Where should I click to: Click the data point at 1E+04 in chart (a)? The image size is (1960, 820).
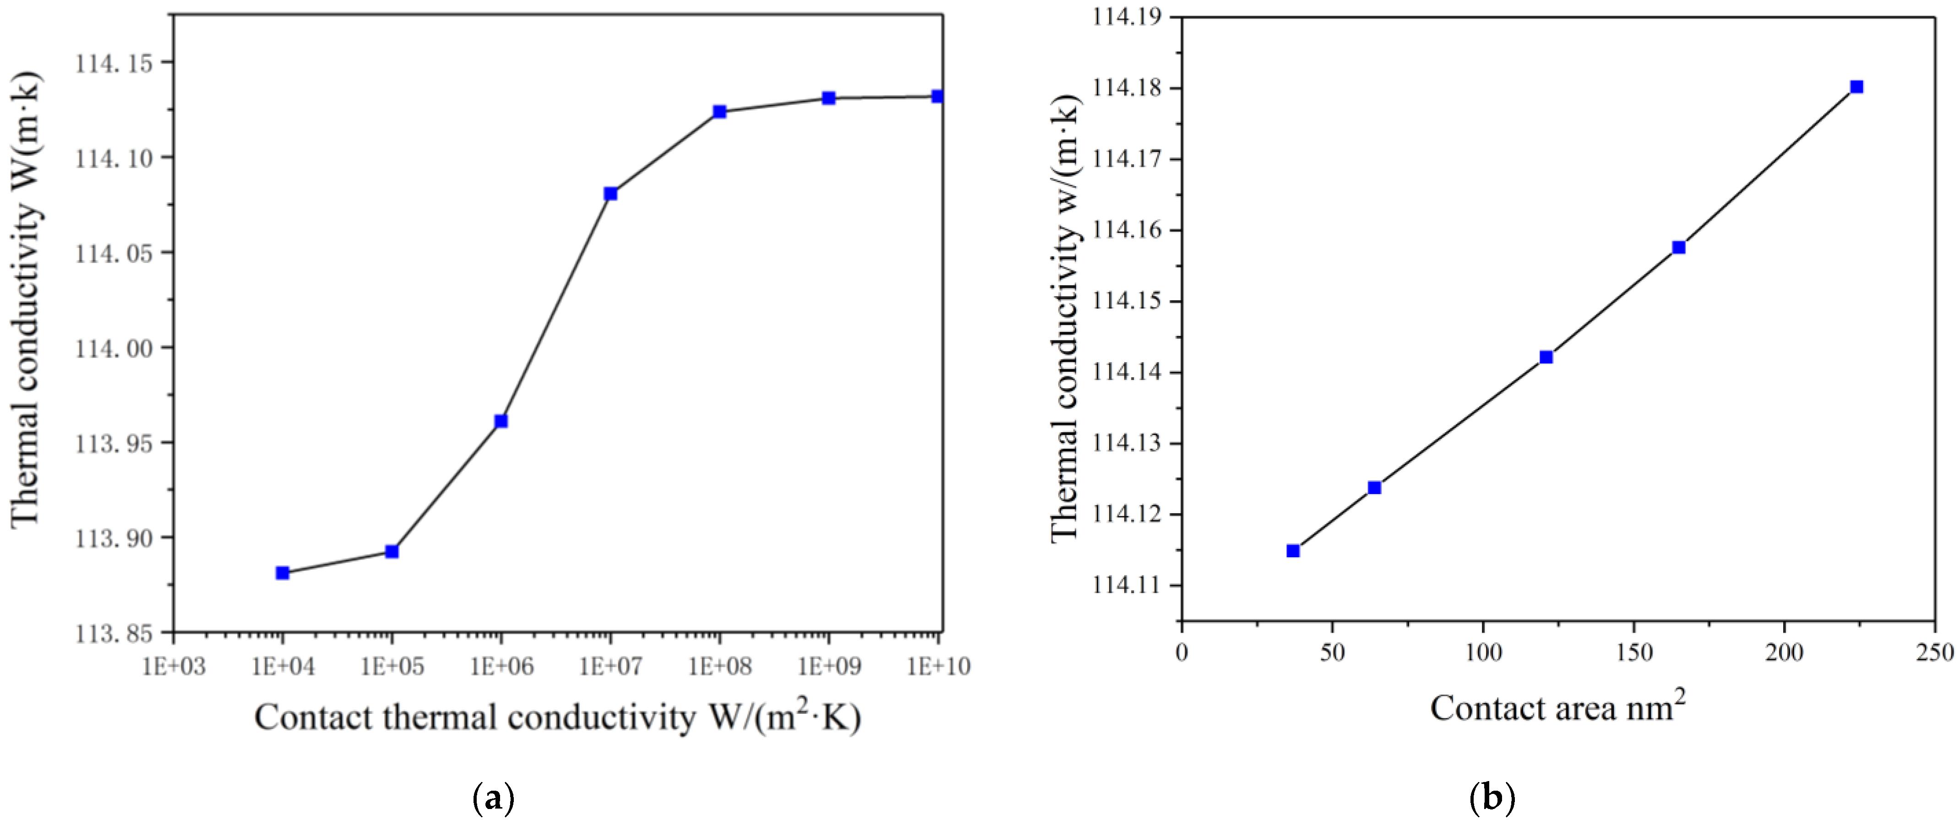click(x=282, y=573)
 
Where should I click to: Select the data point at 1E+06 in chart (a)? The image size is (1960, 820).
click(x=501, y=421)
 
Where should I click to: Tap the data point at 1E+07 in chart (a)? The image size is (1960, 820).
click(x=610, y=194)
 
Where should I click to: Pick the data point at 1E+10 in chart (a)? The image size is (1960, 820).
click(x=937, y=97)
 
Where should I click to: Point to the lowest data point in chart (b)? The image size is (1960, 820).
click(x=1293, y=551)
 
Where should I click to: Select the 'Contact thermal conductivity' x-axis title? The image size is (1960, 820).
click(x=557, y=717)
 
